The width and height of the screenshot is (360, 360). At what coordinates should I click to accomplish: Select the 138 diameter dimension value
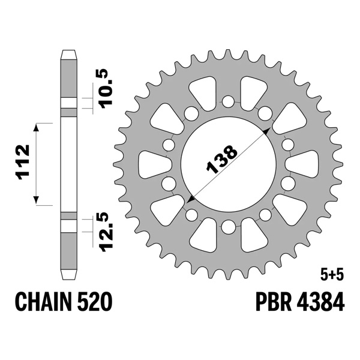(x=221, y=159)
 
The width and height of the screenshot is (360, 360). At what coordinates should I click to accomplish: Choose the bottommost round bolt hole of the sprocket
(x=228, y=227)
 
